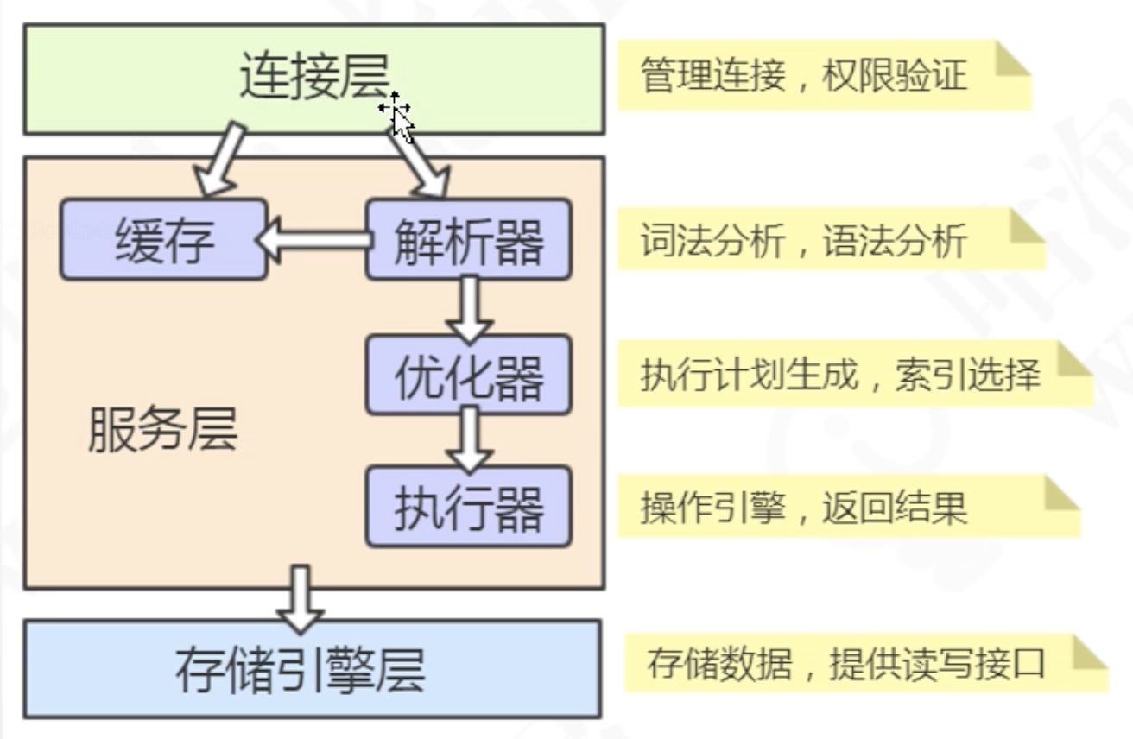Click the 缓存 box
tap(163, 239)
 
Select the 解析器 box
tap(468, 239)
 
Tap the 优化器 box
tap(468, 375)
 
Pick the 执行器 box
tap(468, 507)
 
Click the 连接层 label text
tap(313, 79)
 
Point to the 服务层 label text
tap(162, 429)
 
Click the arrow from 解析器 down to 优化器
tap(469, 307)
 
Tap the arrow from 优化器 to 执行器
tap(469, 439)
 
